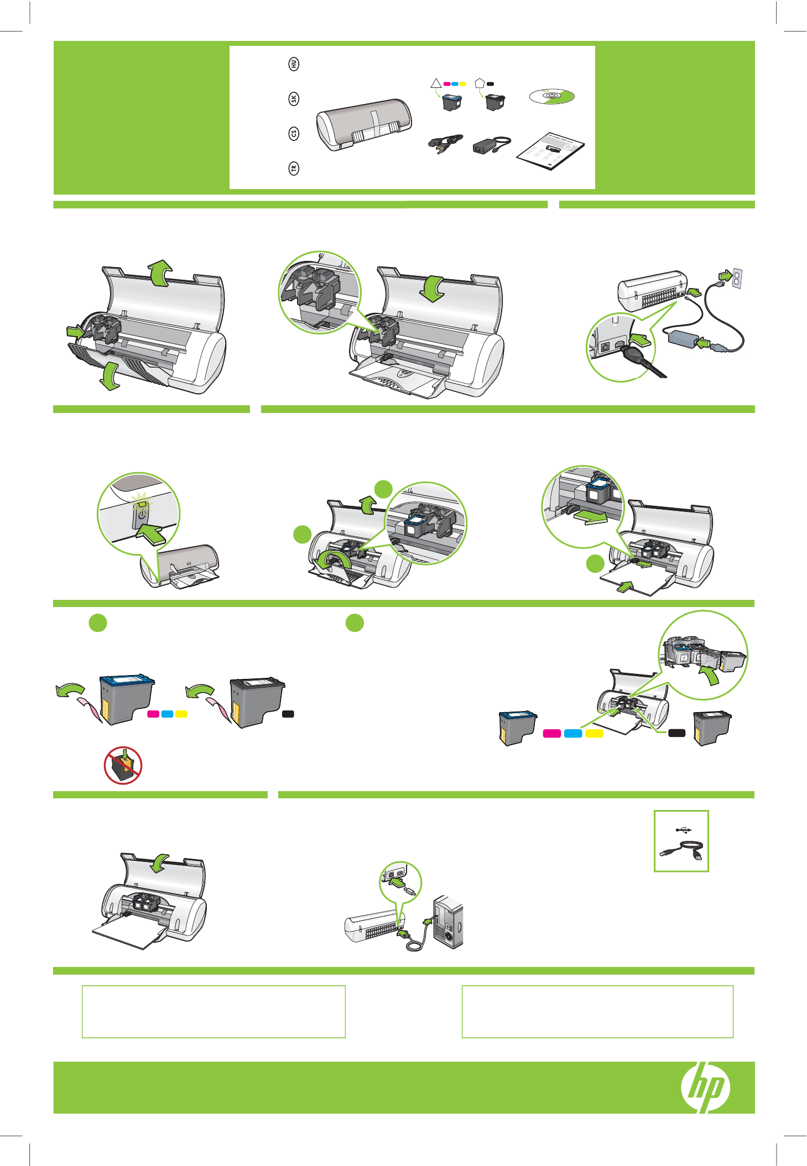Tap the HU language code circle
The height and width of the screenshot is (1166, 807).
[x=294, y=64]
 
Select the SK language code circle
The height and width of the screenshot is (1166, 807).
[x=294, y=98]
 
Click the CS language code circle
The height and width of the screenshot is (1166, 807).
[x=294, y=133]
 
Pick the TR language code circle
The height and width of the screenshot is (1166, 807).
[x=294, y=168]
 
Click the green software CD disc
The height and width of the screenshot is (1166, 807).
[x=551, y=97]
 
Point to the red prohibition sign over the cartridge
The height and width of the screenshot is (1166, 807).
[x=123, y=765]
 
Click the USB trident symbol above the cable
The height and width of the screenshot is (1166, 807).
[x=684, y=829]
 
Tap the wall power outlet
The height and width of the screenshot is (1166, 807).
[x=737, y=278]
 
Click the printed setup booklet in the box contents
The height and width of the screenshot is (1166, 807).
[x=551, y=151]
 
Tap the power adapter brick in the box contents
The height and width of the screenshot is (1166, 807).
[x=485, y=146]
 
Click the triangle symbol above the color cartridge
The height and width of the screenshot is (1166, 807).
[x=436, y=83]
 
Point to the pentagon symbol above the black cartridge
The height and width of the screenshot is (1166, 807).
[x=480, y=83]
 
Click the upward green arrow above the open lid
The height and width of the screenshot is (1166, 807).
[x=160, y=273]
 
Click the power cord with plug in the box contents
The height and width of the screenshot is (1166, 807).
[x=444, y=144]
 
